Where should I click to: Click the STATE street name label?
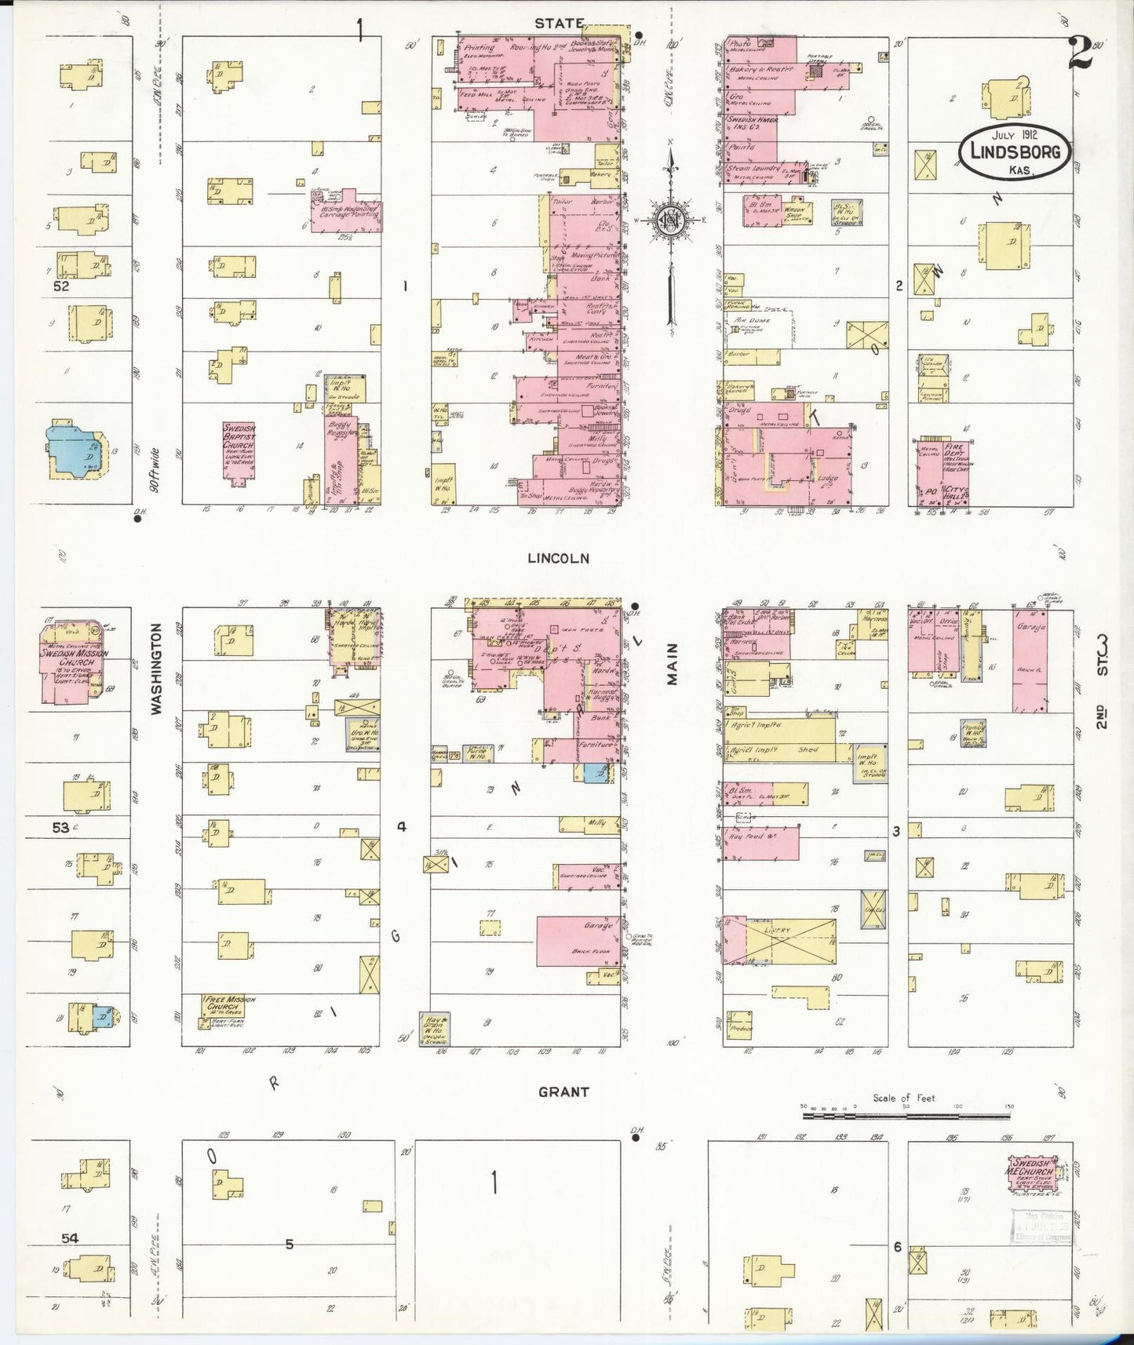pos(559,24)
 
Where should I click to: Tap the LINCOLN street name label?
pos(558,558)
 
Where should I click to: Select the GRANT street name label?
pos(563,1092)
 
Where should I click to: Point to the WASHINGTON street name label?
pos(155,669)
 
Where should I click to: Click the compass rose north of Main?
pos(673,221)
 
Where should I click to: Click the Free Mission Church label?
pos(229,1004)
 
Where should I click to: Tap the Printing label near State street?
pos(479,48)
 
